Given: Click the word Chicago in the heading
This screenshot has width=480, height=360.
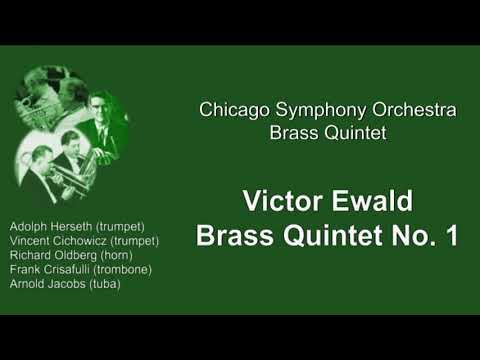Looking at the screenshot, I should tap(228, 110).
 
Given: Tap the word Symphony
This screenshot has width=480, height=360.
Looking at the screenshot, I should tap(306, 110).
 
